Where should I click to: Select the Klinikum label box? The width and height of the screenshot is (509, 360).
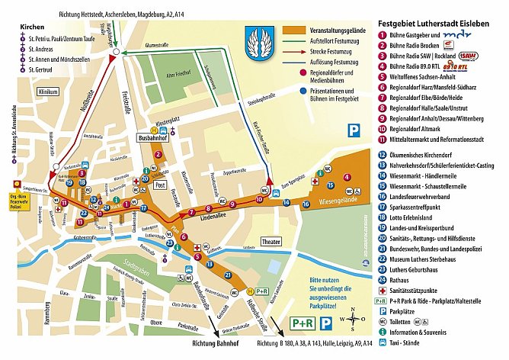(x=48, y=91)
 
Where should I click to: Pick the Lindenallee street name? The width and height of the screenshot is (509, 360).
(x=219, y=218)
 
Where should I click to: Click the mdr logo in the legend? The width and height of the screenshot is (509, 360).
(x=453, y=34)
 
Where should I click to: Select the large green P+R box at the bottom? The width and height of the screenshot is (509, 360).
(x=303, y=323)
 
